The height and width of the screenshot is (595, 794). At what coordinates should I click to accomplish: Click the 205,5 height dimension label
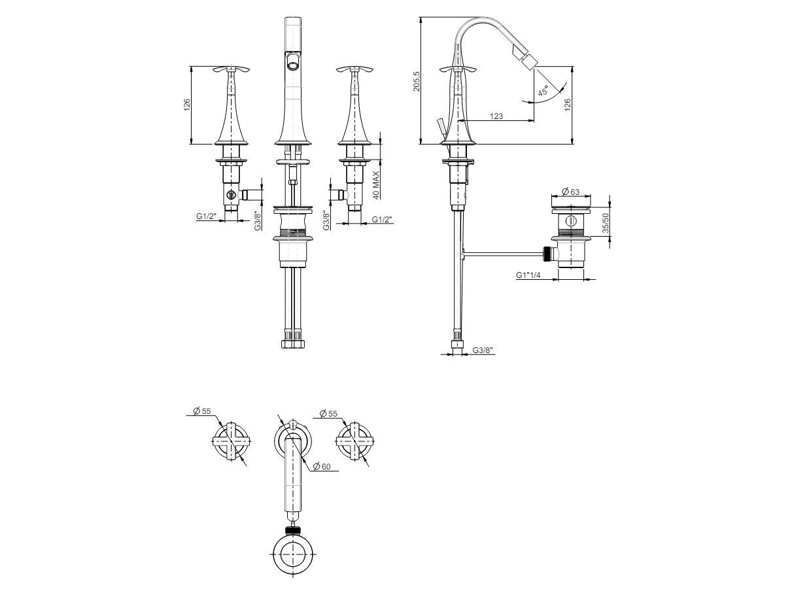417,81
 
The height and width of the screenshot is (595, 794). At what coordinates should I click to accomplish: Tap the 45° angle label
543,90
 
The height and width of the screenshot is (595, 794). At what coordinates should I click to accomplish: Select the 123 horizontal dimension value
496,116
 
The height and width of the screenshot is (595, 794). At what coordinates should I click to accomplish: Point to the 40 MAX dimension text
377,185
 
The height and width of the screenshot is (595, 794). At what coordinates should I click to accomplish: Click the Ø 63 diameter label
571,191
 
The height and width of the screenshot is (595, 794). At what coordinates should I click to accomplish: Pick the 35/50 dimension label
606,223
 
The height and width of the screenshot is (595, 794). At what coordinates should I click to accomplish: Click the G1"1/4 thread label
528,275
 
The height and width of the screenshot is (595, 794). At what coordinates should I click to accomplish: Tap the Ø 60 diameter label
322,467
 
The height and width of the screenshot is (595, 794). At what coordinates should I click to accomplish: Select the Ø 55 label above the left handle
202,411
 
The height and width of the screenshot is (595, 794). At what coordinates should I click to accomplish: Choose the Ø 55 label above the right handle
328,413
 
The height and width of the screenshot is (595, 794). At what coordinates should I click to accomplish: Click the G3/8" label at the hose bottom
483,350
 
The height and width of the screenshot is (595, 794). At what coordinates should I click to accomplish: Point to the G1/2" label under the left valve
206,216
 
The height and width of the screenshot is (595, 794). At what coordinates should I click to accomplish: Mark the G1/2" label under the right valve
382,220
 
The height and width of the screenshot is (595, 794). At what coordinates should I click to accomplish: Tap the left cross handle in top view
231,441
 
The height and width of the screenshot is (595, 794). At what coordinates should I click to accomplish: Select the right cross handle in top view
355,441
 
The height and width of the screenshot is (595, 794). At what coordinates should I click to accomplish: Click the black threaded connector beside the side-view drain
550,254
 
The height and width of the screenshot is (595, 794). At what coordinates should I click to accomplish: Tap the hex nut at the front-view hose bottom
292,344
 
